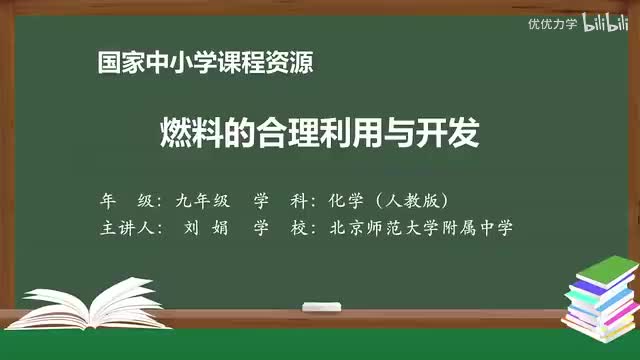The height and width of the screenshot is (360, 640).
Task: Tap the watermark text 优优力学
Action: pyautogui.click(x=553, y=24)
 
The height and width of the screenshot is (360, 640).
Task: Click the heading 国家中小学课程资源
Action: pyautogui.click(x=205, y=63)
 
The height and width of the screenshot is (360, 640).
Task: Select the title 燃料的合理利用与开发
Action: pyautogui.click(x=320, y=133)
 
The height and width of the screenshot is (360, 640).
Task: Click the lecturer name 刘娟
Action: pyautogui.click(x=206, y=227)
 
